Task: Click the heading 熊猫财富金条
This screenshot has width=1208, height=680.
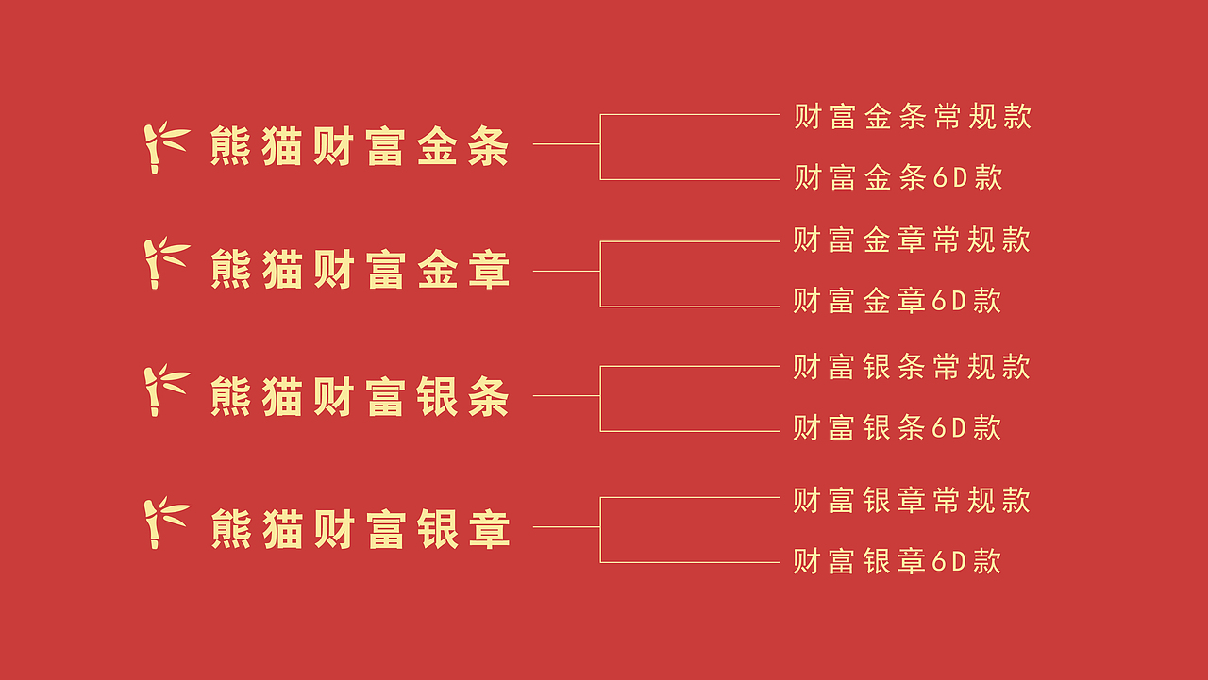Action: point(360,147)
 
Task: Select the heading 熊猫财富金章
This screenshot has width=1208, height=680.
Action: point(360,270)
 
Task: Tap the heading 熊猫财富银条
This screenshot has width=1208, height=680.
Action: point(360,396)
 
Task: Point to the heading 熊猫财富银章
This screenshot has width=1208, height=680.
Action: point(360,528)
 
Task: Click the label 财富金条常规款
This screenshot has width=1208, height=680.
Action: point(913,116)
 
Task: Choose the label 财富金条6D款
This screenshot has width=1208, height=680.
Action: point(898,177)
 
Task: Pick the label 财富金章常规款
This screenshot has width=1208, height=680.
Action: point(912,240)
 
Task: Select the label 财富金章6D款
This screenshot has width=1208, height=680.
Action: point(897,301)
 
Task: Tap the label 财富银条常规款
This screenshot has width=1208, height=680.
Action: point(912,366)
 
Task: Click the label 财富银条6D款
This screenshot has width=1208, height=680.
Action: point(897,428)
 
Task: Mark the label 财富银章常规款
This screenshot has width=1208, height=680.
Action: point(912,500)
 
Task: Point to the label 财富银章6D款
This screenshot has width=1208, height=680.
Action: point(897,562)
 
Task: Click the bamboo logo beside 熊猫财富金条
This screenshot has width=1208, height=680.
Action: point(165,147)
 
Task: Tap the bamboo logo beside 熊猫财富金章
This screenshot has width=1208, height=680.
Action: point(165,263)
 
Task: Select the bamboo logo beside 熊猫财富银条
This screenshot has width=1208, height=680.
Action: point(165,390)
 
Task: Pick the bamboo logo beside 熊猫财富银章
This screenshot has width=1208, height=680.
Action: point(165,522)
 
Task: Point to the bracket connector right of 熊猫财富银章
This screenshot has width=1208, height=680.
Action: point(600,527)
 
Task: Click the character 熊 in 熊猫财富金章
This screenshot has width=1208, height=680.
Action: point(230,270)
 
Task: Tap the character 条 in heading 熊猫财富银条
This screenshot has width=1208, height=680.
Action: point(489,396)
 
